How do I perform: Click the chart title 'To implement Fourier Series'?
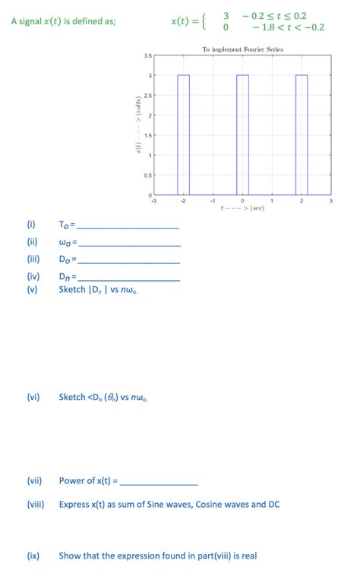tap(242, 49)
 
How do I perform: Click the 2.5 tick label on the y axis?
tap(147, 96)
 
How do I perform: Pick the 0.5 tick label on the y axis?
tap(147, 175)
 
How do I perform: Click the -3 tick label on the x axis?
tap(154, 201)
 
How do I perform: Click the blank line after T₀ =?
tap(128, 228)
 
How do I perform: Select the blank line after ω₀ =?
tap(130, 244)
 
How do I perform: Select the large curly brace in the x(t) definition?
tap(201, 22)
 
